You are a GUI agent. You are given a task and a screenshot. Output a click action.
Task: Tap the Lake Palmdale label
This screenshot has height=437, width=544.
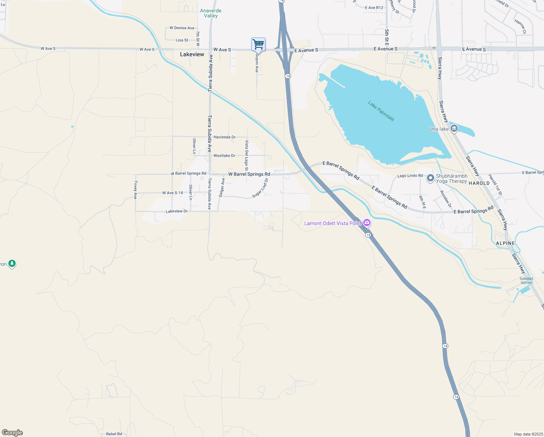coord(381,111)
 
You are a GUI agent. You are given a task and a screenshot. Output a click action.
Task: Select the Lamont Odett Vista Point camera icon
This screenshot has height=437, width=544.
coord(367,223)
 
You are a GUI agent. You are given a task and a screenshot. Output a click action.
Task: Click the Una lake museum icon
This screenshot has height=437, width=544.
coord(454,129)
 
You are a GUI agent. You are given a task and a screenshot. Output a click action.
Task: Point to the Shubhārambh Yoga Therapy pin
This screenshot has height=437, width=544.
coord(431,178)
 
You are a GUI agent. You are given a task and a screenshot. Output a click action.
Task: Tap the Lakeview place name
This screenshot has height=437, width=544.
coord(192,54)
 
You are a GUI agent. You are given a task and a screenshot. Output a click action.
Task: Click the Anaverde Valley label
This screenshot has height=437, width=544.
coord(211,13)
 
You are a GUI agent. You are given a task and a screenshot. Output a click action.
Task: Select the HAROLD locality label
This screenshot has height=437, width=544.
coord(479,183)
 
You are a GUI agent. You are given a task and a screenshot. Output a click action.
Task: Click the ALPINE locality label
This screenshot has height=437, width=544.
coord(505,243)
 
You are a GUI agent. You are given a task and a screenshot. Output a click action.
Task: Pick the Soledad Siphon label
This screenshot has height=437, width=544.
coord(526,280)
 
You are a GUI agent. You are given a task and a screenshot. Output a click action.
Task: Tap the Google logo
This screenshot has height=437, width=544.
coord(12,433)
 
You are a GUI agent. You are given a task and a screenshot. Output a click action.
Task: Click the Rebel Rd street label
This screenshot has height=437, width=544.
coord(114,434)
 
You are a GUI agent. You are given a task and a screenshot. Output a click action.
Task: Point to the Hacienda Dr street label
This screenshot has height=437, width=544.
coord(224,137)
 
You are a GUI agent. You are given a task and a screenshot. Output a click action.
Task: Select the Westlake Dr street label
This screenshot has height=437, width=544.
coord(224,155)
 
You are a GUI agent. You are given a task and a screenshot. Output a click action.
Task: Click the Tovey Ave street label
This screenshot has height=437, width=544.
coord(135,190)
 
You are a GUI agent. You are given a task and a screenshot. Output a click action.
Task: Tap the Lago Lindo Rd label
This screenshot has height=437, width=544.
coord(410,176)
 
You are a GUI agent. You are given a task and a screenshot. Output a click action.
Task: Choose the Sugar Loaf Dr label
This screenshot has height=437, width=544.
coord(260,188)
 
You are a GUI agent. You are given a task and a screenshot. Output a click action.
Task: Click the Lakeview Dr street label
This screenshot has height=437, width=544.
coord(176,211)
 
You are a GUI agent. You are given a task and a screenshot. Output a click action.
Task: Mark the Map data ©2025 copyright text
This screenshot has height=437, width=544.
coord(528,434)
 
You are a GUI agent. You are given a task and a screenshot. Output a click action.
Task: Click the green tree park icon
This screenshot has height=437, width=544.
coord(12,263)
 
